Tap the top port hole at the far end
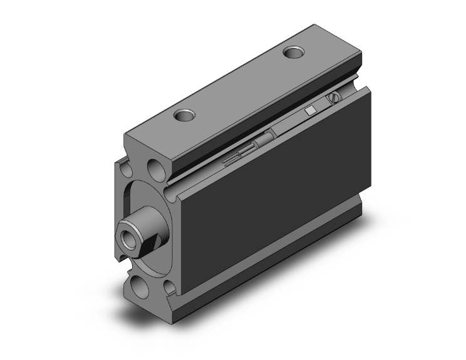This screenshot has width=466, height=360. coord(294,53)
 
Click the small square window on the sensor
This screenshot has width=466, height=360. coord(309,111)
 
